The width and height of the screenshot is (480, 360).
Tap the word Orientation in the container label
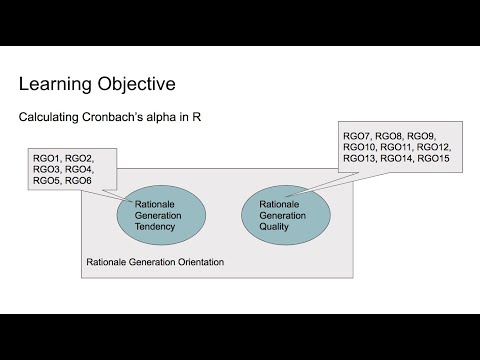(194, 262)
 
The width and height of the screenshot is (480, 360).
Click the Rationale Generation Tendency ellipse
(160, 213)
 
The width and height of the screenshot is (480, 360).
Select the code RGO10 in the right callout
(362, 147)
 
